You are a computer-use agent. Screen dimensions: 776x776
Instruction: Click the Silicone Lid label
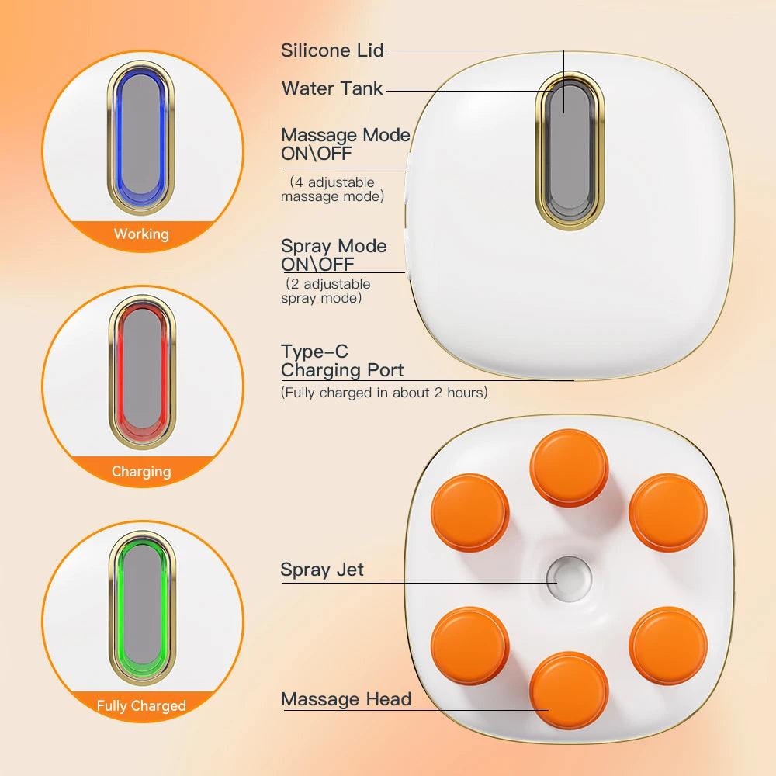click(x=332, y=50)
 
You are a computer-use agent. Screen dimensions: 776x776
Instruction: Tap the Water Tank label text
click(x=332, y=88)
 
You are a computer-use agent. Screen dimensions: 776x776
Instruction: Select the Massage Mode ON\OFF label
click(x=345, y=144)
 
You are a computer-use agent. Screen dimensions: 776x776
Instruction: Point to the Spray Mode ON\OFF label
click(x=334, y=255)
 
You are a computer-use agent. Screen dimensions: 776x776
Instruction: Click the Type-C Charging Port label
click(x=342, y=361)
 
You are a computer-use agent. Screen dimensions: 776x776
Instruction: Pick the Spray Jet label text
click(x=322, y=570)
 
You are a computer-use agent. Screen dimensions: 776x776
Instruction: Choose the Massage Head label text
click(x=346, y=699)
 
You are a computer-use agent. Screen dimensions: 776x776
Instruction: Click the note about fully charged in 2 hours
click(x=384, y=393)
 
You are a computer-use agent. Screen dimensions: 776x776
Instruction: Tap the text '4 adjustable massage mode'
click(x=333, y=189)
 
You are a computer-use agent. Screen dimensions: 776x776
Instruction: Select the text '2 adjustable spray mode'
click(x=327, y=291)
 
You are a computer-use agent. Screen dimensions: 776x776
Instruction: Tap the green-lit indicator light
click(x=141, y=608)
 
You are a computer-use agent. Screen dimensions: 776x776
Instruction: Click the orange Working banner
click(x=140, y=234)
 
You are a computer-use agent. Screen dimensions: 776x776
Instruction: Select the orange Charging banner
click(x=140, y=471)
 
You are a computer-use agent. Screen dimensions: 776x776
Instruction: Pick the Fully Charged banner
click(x=141, y=706)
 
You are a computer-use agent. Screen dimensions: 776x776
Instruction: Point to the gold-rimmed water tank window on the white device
click(x=569, y=151)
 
